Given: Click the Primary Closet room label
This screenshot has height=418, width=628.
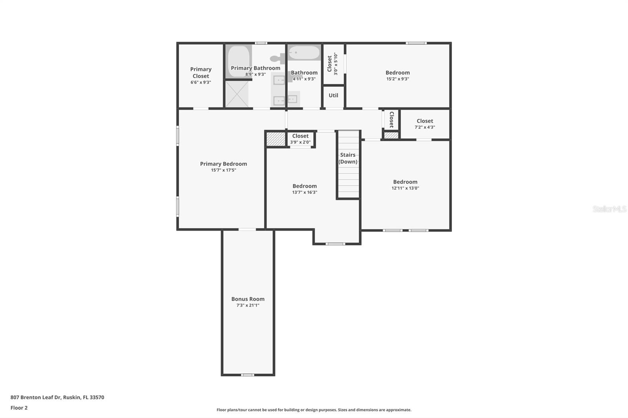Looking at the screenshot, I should pyautogui.click(x=201, y=73).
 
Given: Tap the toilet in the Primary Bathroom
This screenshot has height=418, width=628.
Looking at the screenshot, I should pyautogui.click(x=278, y=59).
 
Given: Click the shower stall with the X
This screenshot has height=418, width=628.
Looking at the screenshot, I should pyautogui.click(x=237, y=94).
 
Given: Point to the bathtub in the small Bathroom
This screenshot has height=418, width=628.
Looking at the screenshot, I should pyautogui.click(x=304, y=53).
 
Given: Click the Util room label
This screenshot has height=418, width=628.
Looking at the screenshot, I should pyautogui.click(x=333, y=95).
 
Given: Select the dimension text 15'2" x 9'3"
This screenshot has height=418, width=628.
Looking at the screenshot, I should pyautogui.click(x=398, y=79).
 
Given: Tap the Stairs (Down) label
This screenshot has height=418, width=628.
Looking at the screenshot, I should pyautogui.click(x=348, y=158).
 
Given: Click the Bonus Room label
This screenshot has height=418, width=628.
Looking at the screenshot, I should pyautogui.click(x=248, y=299).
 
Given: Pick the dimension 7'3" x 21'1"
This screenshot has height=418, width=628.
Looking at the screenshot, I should pyautogui.click(x=248, y=305).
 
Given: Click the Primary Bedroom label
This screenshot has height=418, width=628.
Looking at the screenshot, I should pyautogui.click(x=223, y=164).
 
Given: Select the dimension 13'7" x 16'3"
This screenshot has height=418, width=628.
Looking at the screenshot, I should pyautogui.click(x=305, y=193).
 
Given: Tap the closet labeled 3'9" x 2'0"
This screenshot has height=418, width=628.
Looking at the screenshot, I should pyautogui.click(x=300, y=139).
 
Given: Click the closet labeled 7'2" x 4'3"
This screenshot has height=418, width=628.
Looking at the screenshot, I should pyautogui.click(x=425, y=124).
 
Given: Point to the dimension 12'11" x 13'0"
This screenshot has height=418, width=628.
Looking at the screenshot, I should pyautogui.click(x=405, y=188).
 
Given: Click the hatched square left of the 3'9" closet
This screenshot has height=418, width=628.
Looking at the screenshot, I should pyautogui.click(x=276, y=139).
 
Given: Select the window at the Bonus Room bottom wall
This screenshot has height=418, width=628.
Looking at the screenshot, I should pyautogui.click(x=247, y=375).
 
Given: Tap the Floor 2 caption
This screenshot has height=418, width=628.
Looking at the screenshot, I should pyautogui.click(x=19, y=408).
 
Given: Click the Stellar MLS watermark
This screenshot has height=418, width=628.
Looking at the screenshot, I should pyautogui.click(x=609, y=209).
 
